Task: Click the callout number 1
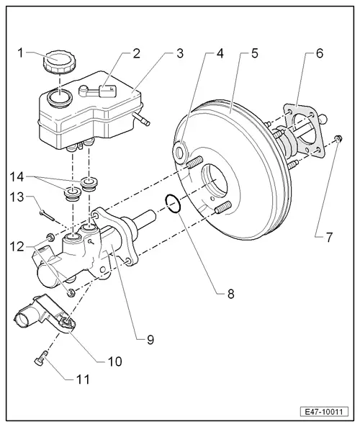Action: (x=21, y=53)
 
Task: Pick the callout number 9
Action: (x=150, y=338)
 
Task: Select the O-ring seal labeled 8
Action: (x=172, y=205)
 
